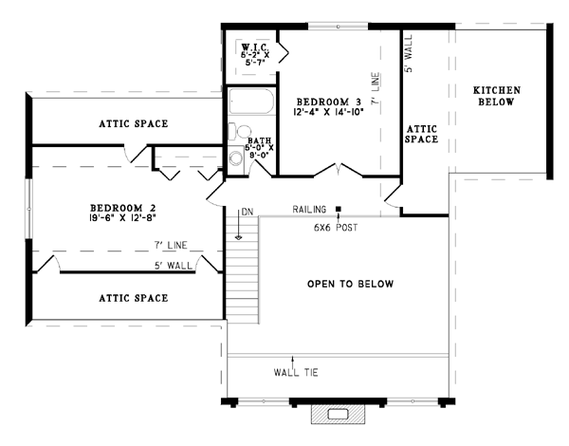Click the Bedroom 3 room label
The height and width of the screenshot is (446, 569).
point(329,102)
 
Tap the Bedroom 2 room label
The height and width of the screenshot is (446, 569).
point(123,208)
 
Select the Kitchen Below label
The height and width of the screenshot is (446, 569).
point(496,96)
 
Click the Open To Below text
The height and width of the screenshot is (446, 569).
point(351,284)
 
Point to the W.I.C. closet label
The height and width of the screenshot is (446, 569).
point(255,46)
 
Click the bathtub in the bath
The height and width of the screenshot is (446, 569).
point(251,102)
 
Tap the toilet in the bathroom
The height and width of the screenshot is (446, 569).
point(240,131)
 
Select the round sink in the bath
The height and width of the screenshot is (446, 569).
point(236,158)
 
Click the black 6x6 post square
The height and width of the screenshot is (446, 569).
point(339,209)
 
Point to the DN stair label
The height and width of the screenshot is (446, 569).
point(248,212)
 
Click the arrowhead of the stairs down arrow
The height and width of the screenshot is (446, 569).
point(238,237)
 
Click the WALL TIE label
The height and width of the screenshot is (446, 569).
point(296,373)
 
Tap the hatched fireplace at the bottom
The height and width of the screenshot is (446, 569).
point(338,415)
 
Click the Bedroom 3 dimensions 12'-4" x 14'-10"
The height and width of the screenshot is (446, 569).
point(328,112)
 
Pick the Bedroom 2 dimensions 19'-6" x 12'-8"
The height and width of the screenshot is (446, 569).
point(122,218)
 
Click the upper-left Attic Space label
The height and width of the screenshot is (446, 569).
point(134,124)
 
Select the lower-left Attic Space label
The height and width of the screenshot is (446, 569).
point(134,298)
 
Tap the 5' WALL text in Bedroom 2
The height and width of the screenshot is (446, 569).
point(174,266)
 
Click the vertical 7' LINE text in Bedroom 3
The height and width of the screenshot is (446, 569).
point(376,88)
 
